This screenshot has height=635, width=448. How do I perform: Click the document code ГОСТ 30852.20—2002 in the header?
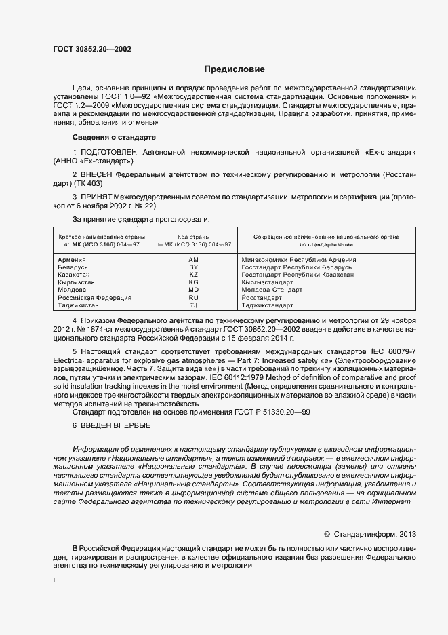(91, 50)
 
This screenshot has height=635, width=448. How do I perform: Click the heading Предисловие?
(235, 69)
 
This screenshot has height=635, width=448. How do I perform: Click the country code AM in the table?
(193, 260)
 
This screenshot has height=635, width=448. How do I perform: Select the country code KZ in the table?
(193, 274)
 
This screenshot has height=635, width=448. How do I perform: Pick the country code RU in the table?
(193, 298)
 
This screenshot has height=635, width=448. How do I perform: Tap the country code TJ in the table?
(193, 305)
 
